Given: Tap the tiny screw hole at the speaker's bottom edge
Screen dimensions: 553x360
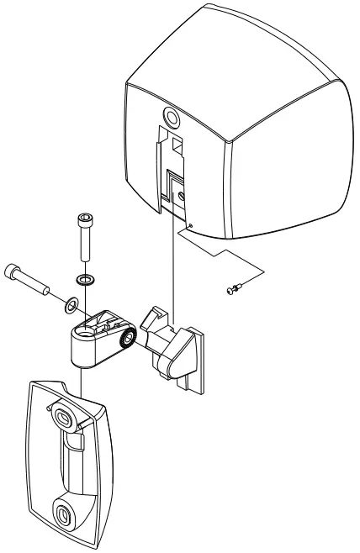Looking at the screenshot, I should tap(192, 224).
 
